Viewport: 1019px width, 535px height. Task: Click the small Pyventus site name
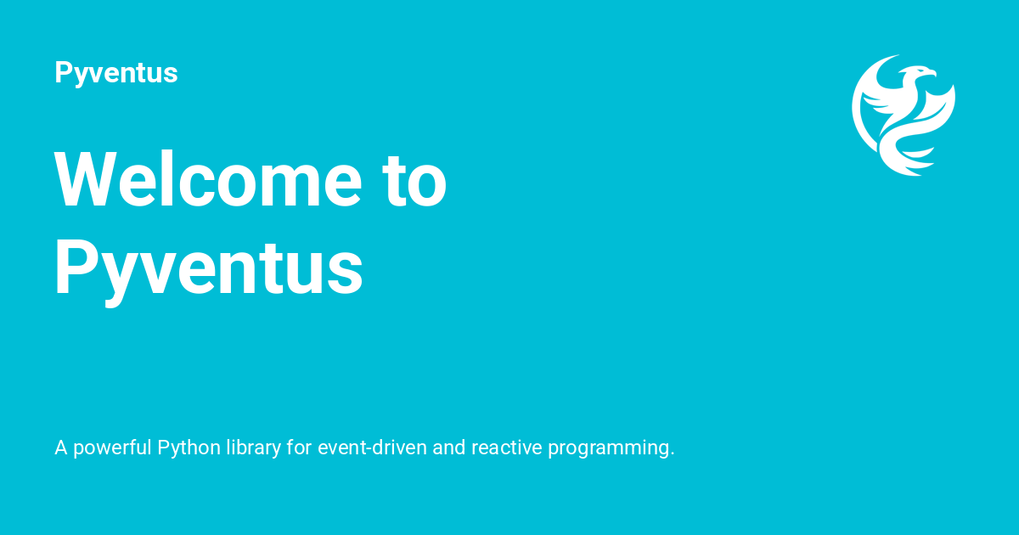pos(115,73)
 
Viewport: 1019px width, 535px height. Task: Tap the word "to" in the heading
pos(414,180)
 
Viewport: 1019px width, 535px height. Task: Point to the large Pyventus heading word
pos(209,268)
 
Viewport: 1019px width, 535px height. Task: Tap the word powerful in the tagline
pos(113,448)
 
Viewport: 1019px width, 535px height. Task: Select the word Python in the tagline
pos(189,448)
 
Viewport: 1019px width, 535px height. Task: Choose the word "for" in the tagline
pos(299,448)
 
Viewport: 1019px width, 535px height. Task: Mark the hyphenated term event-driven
pos(372,448)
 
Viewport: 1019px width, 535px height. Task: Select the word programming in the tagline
pos(607,448)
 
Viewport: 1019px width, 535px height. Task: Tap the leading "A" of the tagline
pos(61,448)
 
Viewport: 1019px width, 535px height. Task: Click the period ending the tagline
pos(672,453)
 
